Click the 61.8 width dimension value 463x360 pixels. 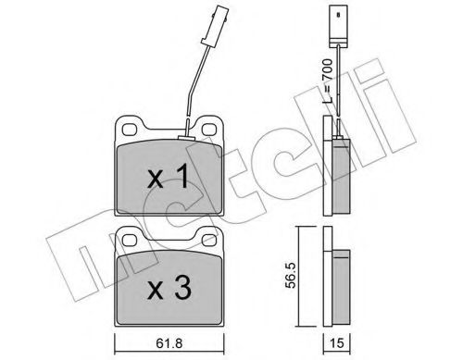[169, 343]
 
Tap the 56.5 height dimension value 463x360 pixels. [291, 276]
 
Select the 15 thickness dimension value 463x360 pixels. [337, 343]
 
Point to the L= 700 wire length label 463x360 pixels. [328, 81]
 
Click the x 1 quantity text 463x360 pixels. [168, 176]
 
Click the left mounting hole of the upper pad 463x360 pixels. [130, 129]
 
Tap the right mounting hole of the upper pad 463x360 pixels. [209, 129]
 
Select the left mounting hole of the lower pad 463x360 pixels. [130, 240]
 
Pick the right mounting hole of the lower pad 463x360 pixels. [209, 240]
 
